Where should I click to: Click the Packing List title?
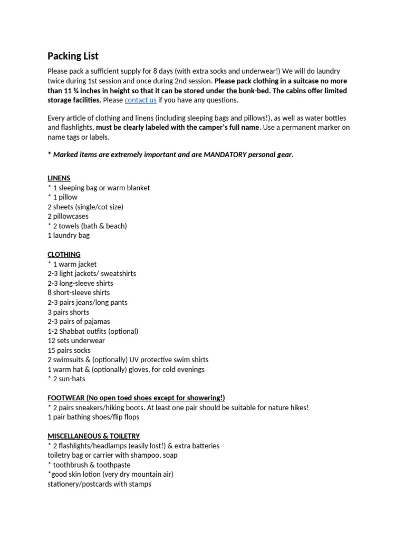click(73, 56)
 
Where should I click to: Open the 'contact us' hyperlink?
click(140, 100)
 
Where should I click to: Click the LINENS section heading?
click(59, 178)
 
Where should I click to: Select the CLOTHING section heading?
click(64, 254)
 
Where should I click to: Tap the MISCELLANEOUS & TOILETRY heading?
click(93, 436)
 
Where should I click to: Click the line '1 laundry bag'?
click(69, 235)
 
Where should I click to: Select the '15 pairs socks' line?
click(69, 350)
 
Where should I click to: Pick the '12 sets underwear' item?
click(76, 341)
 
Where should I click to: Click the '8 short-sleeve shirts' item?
click(79, 293)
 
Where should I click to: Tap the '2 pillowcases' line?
click(68, 216)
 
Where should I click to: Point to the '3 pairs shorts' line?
click(68, 312)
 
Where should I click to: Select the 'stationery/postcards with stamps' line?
click(99, 484)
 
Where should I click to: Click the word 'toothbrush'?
click(72, 465)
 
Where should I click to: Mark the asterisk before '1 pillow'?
click(49, 197)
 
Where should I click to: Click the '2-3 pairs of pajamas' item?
click(79, 322)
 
